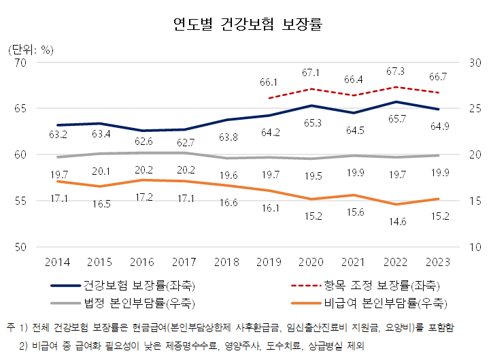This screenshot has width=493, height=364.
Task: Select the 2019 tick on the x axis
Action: pyautogui.click(x=270, y=262)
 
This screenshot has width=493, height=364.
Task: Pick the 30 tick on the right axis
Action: pyautogui.click(x=474, y=63)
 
